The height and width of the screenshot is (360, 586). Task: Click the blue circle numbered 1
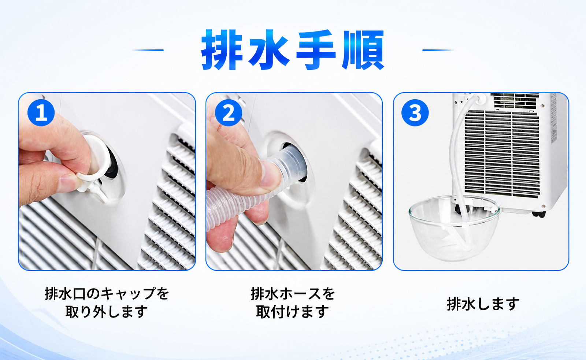[41, 113]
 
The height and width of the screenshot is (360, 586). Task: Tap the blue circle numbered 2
[229, 113]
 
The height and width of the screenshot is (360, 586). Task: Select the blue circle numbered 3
[415, 113]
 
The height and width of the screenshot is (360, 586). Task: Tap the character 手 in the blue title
[316, 50]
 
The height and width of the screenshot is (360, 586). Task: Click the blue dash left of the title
[148, 50]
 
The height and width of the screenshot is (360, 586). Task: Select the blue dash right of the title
[438, 50]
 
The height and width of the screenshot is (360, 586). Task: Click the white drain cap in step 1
[96, 162]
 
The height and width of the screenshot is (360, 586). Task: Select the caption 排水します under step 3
[483, 304]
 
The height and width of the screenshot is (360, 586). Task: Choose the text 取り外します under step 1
[107, 312]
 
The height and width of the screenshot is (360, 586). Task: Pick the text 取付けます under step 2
[293, 312]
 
